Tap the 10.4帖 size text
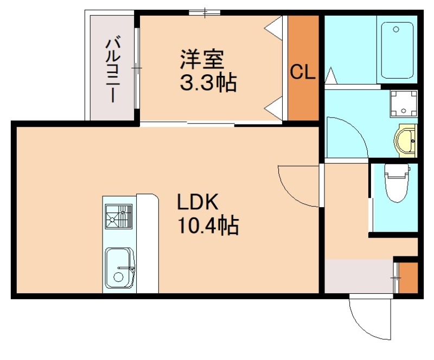point(208,226)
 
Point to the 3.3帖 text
point(208,82)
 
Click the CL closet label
point(302,72)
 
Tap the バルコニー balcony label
point(113,68)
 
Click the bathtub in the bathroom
point(399,50)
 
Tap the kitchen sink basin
point(119,268)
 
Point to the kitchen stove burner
point(119,216)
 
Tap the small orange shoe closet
point(408,278)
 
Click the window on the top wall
point(205,11)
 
